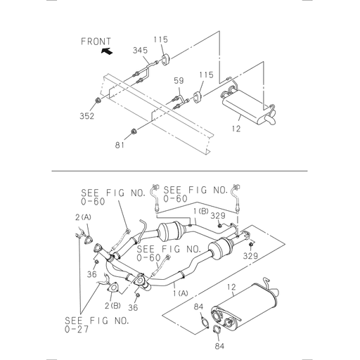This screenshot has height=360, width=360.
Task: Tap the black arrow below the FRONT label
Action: pyautogui.click(x=106, y=52)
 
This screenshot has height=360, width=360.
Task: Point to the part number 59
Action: pyautogui.click(x=179, y=81)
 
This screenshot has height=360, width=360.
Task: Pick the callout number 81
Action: pyautogui.click(x=121, y=145)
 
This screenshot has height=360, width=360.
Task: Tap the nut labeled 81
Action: pyautogui.click(x=134, y=131)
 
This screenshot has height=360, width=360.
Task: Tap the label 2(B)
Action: pyautogui.click(x=112, y=307)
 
